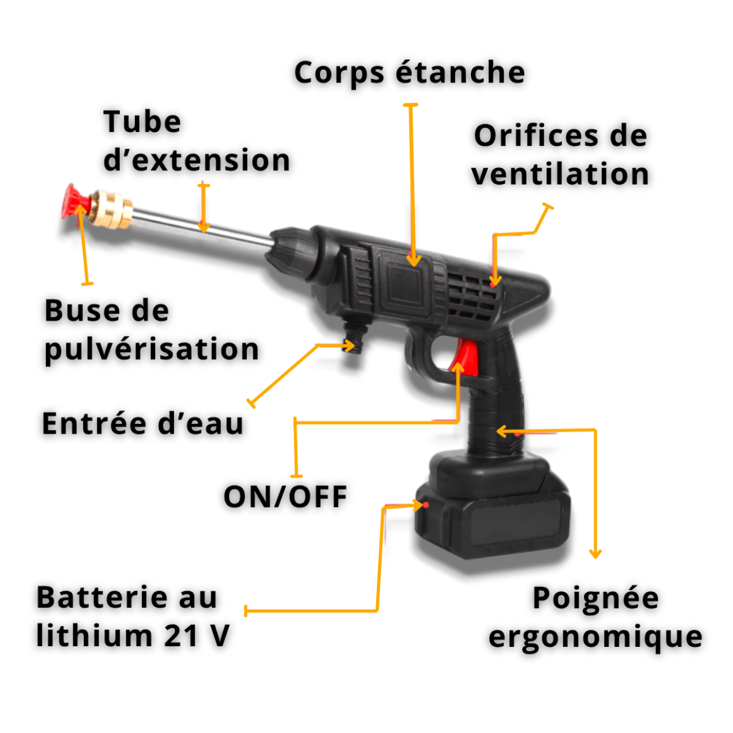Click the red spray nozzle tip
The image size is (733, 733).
76,202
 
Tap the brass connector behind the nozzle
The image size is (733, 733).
111,209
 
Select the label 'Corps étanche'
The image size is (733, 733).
409,73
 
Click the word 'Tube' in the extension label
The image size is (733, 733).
142,122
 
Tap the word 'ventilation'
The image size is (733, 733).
560,174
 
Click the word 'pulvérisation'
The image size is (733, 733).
152,349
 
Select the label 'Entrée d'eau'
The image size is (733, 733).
142,423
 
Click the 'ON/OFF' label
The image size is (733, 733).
285,497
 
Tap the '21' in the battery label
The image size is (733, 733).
181,636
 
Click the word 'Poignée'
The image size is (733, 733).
596,598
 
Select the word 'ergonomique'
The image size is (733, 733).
596,637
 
